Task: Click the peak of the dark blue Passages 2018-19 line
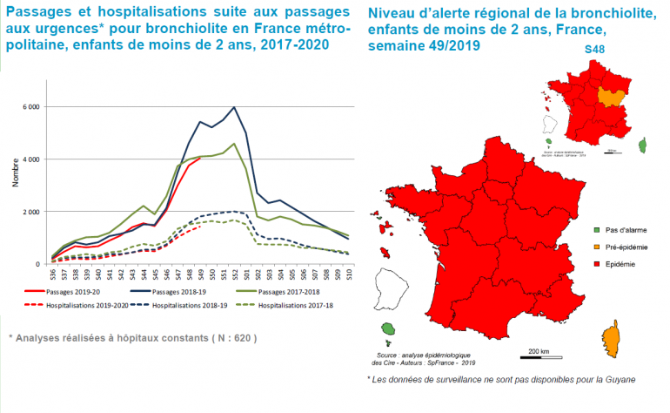pos(234,108)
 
